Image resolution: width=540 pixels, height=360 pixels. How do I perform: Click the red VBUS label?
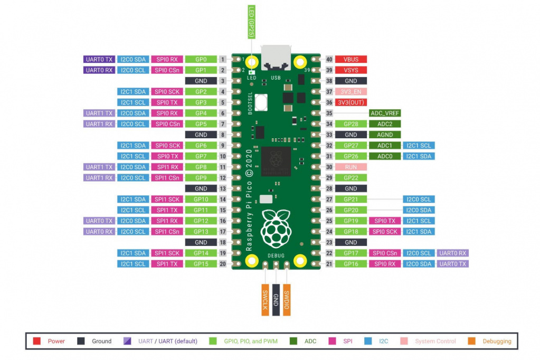pyautogui.click(x=350, y=59)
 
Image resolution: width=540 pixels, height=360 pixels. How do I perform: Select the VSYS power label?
pyautogui.click(x=350, y=70)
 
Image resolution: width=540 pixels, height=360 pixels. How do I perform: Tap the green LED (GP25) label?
pyautogui.click(x=251, y=22)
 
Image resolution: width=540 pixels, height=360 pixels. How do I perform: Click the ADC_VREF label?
pyautogui.click(x=385, y=113)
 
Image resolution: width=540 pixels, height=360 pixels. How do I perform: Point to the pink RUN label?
pyautogui.click(x=350, y=167)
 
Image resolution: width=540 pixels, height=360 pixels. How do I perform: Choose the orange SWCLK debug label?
pyautogui.click(x=265, y=300)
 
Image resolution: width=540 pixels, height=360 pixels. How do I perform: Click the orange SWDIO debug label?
pyautogui.click(x=287, y=300)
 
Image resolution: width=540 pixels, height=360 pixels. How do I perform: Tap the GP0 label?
pyautogui.click(x=201, y=59)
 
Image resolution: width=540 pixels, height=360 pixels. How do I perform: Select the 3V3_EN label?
pyautogui.click(x=350, y=92)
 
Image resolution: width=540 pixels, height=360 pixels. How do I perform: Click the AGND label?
pyautogui.click(x=385, y=135)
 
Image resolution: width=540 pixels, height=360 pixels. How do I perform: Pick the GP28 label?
pyautogui.click(x=350, y=124)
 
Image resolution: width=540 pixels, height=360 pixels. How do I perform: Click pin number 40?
pyautogui.click(x=329, y=59)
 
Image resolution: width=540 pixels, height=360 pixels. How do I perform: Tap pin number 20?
pyautogui.click(x=223, y=264)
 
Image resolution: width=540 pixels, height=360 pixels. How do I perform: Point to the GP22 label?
pyautogui.click(x=350, y=178)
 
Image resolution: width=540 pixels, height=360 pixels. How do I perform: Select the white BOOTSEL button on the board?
pyautogui.click(x=261, y=102)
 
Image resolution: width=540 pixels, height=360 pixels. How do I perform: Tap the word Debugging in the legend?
pyautogui.click(x=497, y=341)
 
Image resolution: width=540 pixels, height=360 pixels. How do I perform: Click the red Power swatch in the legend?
pyautogui.click(x=36, y=341)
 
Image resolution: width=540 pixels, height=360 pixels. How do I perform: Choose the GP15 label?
pyautogui.click(x=201, y=264)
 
